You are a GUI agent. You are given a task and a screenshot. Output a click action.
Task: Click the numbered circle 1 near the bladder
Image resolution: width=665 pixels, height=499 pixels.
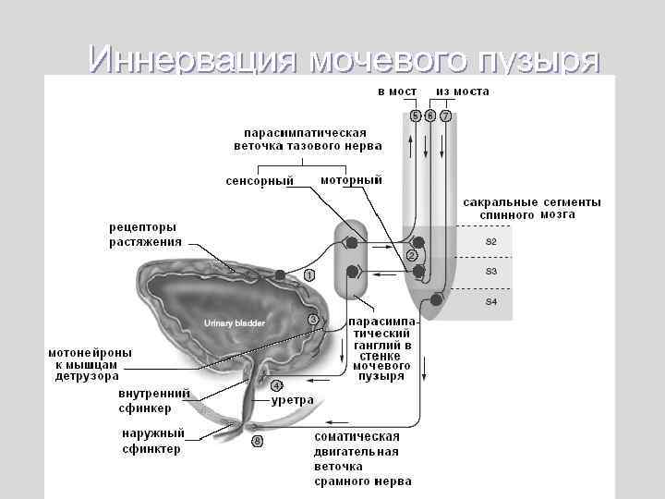click(309, 275)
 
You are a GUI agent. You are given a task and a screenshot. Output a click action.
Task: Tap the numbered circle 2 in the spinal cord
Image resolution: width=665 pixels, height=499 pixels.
click(412, 255)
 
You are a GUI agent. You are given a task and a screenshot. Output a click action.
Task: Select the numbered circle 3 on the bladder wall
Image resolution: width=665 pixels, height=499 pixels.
click(313, 320)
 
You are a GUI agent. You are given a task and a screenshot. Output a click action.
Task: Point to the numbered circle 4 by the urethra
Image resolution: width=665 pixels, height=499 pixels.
click(276, 385)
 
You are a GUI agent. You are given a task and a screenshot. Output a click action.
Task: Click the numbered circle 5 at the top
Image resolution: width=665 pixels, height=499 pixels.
click(416, 116)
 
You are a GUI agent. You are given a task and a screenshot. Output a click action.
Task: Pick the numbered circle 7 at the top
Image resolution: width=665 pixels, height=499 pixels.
click(446, 116)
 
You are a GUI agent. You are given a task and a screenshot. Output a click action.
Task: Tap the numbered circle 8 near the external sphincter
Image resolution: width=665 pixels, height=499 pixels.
click(258, 442)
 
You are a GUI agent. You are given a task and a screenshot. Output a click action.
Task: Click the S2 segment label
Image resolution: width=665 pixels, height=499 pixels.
click(491, 242)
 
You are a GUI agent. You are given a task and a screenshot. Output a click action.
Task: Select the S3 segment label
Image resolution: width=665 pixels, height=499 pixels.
click(491, 272)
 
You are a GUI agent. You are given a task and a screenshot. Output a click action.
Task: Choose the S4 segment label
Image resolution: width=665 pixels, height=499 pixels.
click(491, 302)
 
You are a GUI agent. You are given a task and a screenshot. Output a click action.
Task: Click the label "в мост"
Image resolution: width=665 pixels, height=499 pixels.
click(397, 92)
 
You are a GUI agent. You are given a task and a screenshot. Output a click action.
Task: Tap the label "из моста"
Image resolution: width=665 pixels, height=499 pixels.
click(463, 92)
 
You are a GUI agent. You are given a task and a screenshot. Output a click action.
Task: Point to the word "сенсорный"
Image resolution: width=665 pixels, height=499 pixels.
click(260, 180)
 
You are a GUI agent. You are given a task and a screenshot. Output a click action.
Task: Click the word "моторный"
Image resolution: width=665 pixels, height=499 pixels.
click(351, 179)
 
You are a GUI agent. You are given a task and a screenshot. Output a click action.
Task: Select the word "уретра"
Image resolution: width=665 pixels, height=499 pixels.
click(293, 400)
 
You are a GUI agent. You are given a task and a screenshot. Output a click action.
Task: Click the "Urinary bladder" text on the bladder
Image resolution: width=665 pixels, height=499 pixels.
click(235, 323)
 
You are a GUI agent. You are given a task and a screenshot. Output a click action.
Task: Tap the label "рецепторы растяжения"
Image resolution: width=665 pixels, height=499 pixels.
click(143, 235)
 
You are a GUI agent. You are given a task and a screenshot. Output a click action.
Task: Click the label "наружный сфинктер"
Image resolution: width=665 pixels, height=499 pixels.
click(152, 442)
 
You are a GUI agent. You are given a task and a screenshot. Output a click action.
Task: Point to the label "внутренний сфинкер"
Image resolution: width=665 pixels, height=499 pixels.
click(154, 400)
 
